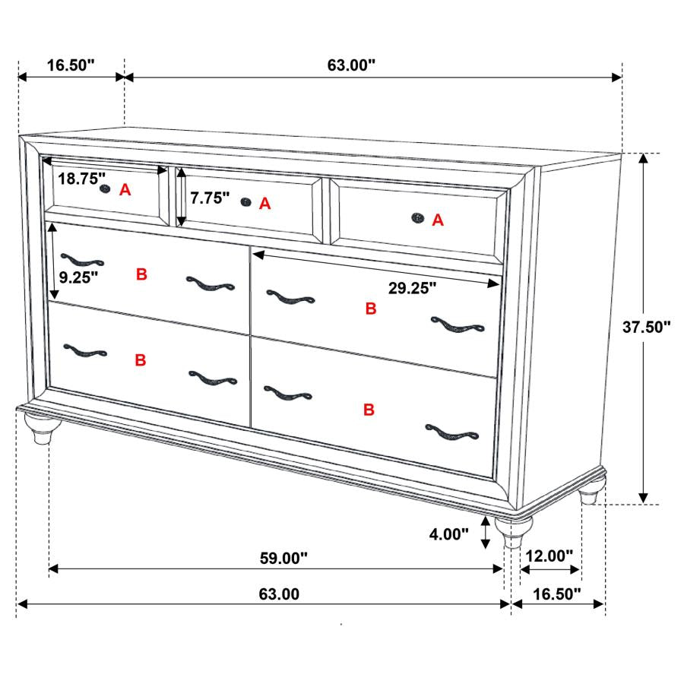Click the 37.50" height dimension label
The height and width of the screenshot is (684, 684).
pos(647,328)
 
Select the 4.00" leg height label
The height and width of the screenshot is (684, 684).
pos(449,534)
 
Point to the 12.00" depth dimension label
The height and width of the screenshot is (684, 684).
pos(549,556)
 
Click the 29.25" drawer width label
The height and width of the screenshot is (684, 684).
pos(412,288)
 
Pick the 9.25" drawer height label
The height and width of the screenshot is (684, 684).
pos(80,277)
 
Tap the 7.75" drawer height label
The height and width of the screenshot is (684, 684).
pos(210,198)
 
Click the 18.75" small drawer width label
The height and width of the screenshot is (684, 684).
pos(82,179)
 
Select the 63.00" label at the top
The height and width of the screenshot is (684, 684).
pos(352,65)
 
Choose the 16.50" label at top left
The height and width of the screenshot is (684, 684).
pos(70,65)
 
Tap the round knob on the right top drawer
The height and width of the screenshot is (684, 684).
pos(417,219)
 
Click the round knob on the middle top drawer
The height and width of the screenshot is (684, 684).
pos(245,201)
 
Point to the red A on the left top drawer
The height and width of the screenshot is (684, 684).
pos(125,191)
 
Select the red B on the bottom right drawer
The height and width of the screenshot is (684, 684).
pos(369,410)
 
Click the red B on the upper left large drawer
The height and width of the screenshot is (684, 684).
pos(141,275)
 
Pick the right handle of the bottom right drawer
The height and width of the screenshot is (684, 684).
pos(452,432)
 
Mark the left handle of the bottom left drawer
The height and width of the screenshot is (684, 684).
pos(85,351)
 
